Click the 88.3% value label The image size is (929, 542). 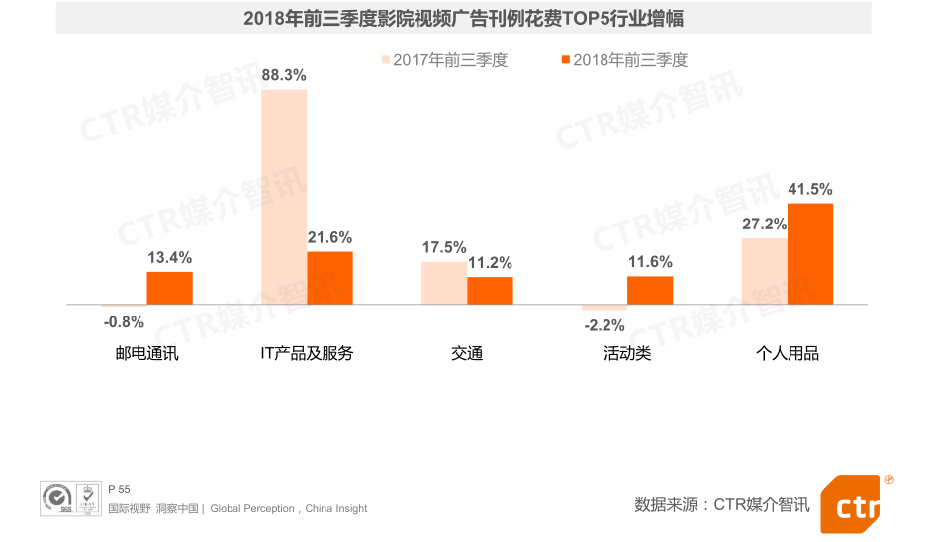(284, 75)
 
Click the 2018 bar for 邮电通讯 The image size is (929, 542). (169, 287)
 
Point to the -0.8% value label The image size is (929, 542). (124, 321)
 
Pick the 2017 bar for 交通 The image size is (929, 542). (444, 283)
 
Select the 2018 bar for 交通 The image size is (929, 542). (490, 290)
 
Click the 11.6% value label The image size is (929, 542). (650, 262)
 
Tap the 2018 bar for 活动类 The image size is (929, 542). (650, 290)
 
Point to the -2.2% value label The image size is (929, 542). (604, 325)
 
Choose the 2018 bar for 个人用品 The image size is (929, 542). (810, 253)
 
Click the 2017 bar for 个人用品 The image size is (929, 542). (765, 271)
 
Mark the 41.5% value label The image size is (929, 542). (810, 189)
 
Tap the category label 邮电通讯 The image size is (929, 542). (147, 353)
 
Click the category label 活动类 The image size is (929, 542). (627, 353)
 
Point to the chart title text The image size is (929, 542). (463, 19)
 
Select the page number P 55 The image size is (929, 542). (118, 489)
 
